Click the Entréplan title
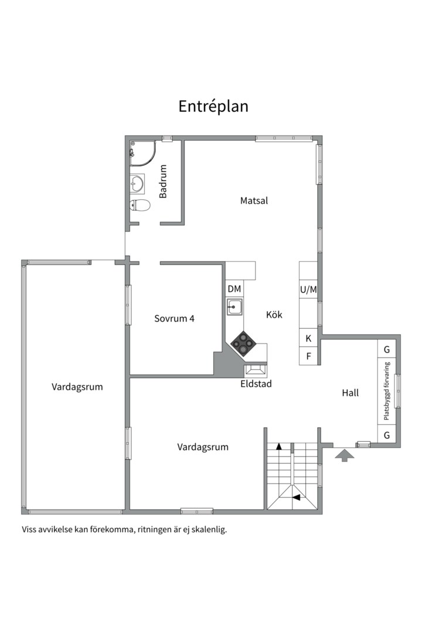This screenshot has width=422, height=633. click(x=213, y=106)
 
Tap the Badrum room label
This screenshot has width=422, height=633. click(x=164, y=181)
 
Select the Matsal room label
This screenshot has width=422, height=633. click(x=254, y=200)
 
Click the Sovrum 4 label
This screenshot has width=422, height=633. click(x=174, y=319)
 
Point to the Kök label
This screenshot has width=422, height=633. click(x=274, y=315)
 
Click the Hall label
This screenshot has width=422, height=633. click(x=350, y=393)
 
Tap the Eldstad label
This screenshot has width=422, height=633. click(x=256, y=384)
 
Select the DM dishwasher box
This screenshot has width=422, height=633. click(x=234, y=289)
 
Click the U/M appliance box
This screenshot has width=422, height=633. click(x=308, y=289)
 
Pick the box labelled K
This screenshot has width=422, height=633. click(x=308, y=339)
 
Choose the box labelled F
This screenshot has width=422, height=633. click(x=308, y=356)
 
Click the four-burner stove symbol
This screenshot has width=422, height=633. click(x=242, y=342)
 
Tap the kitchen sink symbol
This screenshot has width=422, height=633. click(x=235, y=306)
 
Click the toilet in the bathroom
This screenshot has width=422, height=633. click(x=139, y=205)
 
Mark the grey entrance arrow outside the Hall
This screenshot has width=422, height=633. click(x=344, y=454)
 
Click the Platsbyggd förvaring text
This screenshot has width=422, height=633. click(x=387, y=391)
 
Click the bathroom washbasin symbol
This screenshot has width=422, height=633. click(x=137, y=183)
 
